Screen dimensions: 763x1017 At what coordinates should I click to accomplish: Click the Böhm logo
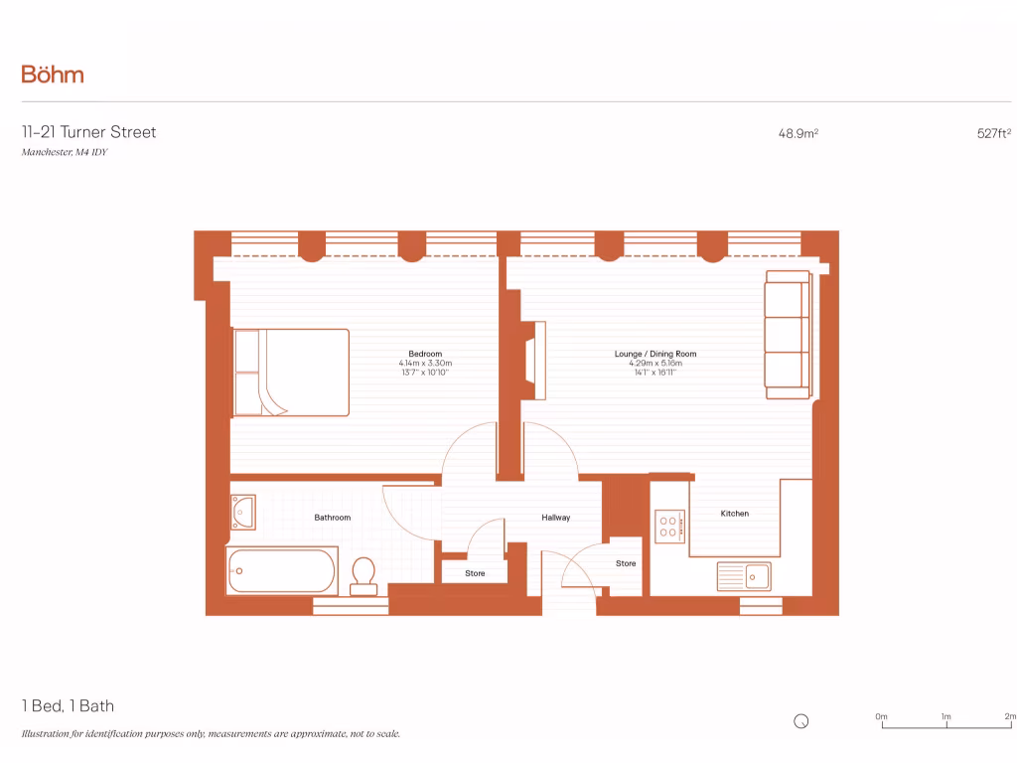pos(53,75)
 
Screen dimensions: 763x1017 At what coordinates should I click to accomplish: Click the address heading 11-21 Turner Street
pos(88,132)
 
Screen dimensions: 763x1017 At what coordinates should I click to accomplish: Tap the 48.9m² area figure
pos(798,133)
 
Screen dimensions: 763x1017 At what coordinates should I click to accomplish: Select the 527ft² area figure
pos(993,133)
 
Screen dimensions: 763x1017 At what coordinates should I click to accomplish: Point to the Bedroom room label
pos(425,354)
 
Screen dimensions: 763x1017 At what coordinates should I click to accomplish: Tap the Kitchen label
pos(734,514)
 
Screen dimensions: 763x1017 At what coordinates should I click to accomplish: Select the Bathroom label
pos(332,518)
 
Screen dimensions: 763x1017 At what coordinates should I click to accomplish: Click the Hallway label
pos(555,518)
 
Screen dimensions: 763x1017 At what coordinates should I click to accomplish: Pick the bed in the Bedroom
pos(291,373)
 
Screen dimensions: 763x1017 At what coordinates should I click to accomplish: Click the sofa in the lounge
pos(788,335)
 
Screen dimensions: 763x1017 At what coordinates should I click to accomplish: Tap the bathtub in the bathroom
pos(282,571)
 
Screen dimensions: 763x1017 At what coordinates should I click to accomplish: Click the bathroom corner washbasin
pos(242,512)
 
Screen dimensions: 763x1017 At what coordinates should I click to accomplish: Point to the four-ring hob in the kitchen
pos(667,525)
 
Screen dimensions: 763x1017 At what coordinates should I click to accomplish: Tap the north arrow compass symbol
pos(801,722)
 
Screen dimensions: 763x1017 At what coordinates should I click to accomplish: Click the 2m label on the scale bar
pos(1010,716)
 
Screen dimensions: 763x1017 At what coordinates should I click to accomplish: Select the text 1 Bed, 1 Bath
pos(68,706)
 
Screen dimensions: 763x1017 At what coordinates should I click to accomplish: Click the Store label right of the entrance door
pos(625,563)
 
